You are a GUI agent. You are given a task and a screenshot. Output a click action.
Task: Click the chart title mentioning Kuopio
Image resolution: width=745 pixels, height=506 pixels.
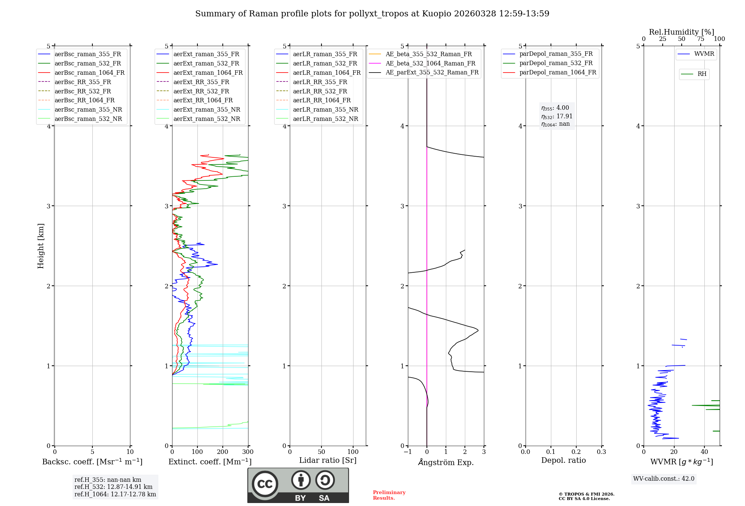372,14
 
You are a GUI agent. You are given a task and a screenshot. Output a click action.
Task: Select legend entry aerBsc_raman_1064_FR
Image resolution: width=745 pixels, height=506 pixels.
89,73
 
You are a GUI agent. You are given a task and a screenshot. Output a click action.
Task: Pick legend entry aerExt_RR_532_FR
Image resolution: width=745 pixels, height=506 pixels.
201,91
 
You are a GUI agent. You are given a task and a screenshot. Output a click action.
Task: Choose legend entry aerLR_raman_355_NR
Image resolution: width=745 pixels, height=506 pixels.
325,109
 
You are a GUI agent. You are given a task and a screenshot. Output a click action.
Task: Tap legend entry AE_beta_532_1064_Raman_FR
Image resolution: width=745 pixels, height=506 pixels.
430,63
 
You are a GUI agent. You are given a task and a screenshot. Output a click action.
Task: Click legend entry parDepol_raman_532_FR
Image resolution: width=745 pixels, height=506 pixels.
556,63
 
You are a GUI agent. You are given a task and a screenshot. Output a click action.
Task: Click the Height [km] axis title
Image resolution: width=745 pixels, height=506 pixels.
41,246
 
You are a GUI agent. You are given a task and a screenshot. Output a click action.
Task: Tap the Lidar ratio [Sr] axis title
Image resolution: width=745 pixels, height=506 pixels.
328,460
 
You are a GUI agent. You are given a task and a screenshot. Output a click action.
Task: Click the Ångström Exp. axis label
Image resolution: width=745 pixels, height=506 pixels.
446,462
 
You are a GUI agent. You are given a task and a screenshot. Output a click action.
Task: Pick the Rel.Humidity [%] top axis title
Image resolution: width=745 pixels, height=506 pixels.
681,32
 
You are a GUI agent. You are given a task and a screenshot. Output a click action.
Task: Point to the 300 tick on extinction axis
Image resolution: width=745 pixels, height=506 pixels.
248,452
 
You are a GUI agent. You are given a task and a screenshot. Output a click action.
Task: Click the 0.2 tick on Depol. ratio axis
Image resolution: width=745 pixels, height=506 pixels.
576,452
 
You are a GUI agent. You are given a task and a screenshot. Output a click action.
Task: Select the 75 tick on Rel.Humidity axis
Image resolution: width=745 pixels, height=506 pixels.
701,39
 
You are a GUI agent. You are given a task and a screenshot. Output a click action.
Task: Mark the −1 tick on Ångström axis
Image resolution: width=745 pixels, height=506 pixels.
408,452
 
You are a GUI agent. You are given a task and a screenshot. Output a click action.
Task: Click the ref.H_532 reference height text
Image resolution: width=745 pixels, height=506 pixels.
113,487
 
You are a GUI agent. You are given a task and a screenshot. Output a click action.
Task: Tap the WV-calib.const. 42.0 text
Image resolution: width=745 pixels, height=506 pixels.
664,478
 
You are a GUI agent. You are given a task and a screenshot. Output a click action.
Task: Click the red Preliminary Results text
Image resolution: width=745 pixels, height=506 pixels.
389,495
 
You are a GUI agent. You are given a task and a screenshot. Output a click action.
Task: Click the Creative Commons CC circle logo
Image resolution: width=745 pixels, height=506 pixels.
265,484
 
